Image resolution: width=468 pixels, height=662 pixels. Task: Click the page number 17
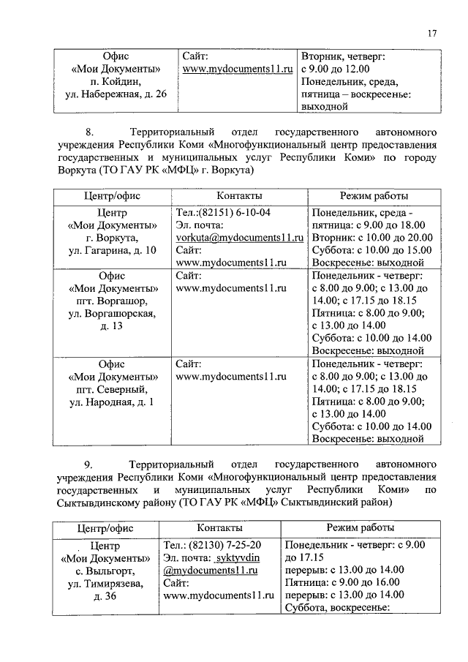point(432,32)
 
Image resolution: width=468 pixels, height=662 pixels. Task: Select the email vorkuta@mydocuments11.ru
point(239,238)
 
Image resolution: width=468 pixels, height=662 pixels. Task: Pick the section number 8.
point(90,133)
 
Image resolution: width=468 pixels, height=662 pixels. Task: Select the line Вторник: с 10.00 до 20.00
point(372,238)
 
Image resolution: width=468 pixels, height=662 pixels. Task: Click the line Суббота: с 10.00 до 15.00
point(371,250)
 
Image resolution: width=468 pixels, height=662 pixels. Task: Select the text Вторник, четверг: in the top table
point(344,56)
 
